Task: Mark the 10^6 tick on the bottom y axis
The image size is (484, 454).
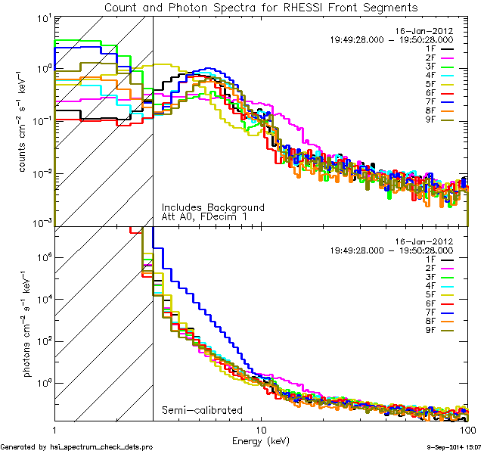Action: [x=42, y=257]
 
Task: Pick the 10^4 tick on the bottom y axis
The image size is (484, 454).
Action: [x=42, y=299]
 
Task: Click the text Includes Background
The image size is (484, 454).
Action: [x=213, y=207]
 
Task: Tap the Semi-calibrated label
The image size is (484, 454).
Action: [x=202, y=410]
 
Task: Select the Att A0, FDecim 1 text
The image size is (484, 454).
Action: [x=204, y=216]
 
